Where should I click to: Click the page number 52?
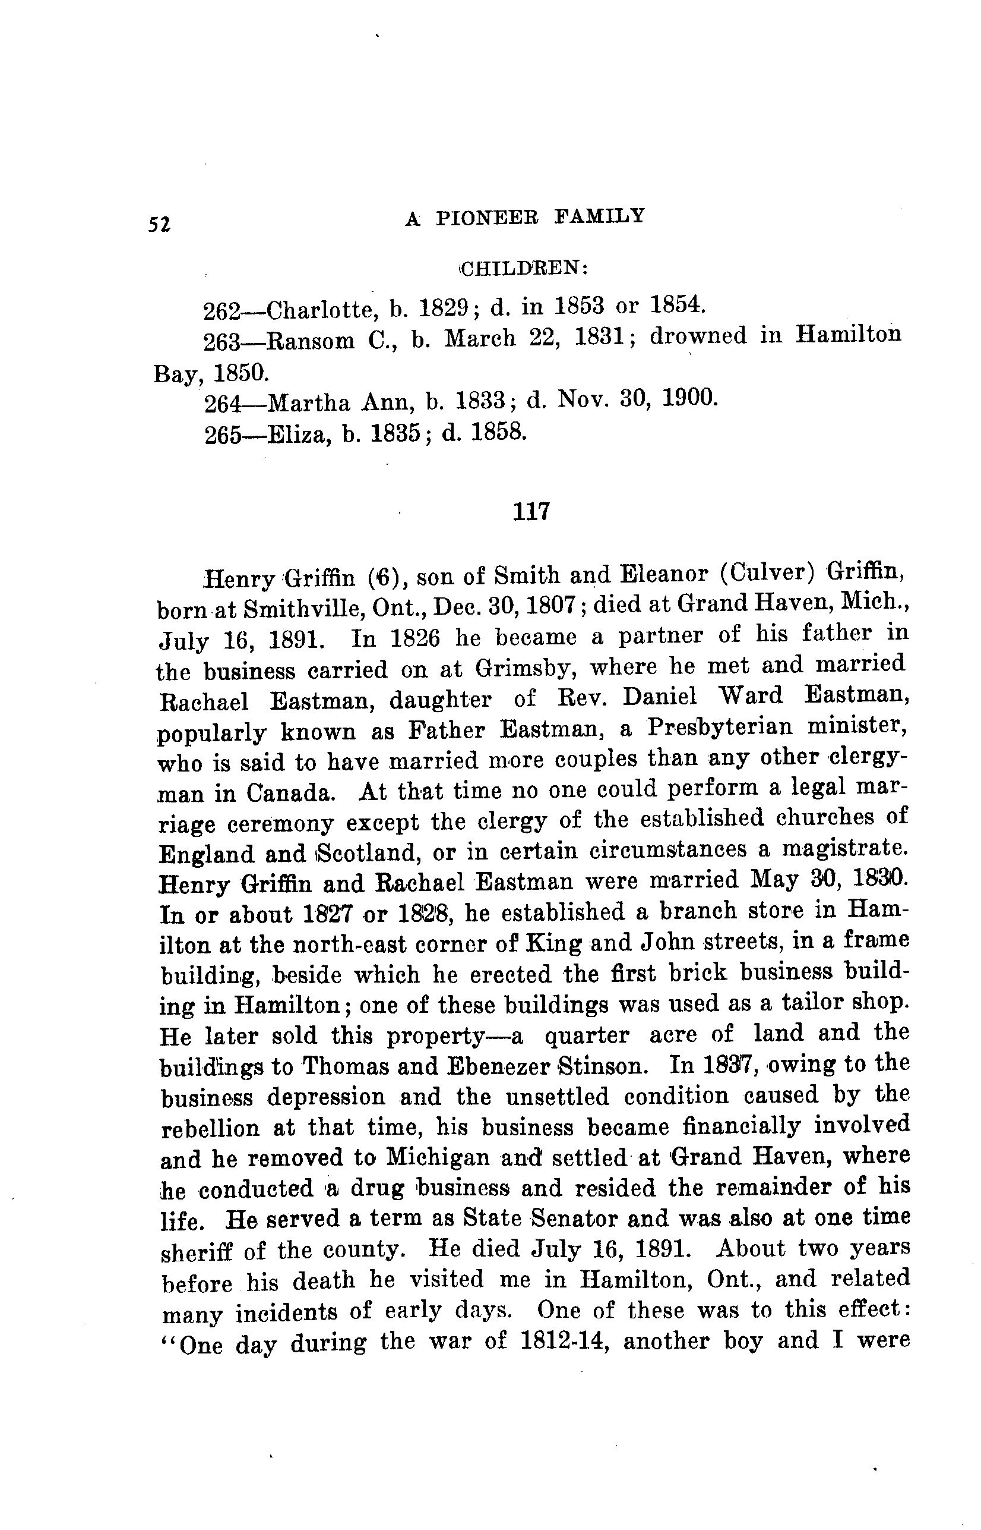(159, 225)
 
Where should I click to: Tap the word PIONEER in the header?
(488, 218)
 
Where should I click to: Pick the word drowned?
(698, 336)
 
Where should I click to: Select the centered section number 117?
(531, 511)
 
